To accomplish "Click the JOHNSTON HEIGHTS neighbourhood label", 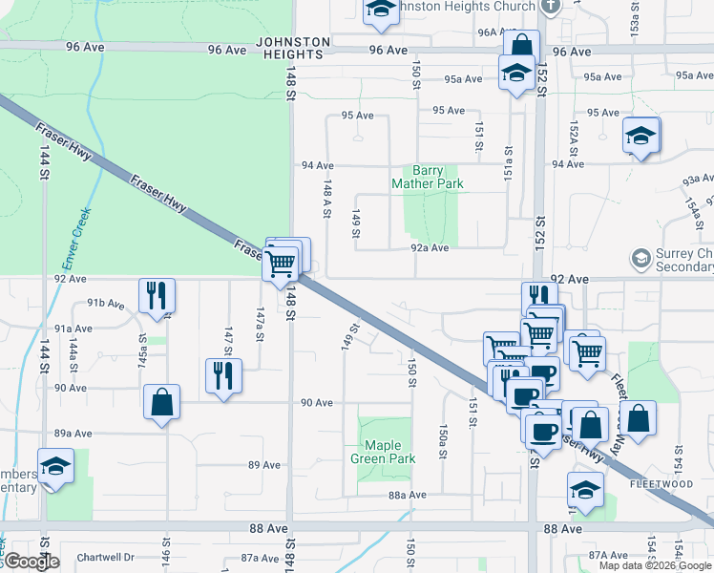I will [294, 48].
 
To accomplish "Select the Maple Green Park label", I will [383, 452].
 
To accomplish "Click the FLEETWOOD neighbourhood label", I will [661, 484].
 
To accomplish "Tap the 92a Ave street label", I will [430, 247].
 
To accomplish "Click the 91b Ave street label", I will [106, 303].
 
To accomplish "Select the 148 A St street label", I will [326, 201].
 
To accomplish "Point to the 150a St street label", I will [443, 441].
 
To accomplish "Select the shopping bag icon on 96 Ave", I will [521, 47].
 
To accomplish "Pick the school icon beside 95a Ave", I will [516, 73].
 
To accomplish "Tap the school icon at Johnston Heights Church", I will [380, 11].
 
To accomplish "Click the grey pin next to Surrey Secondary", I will [640, 259].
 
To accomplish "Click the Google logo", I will [31, 562].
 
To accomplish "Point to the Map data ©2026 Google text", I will [655, 565].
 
